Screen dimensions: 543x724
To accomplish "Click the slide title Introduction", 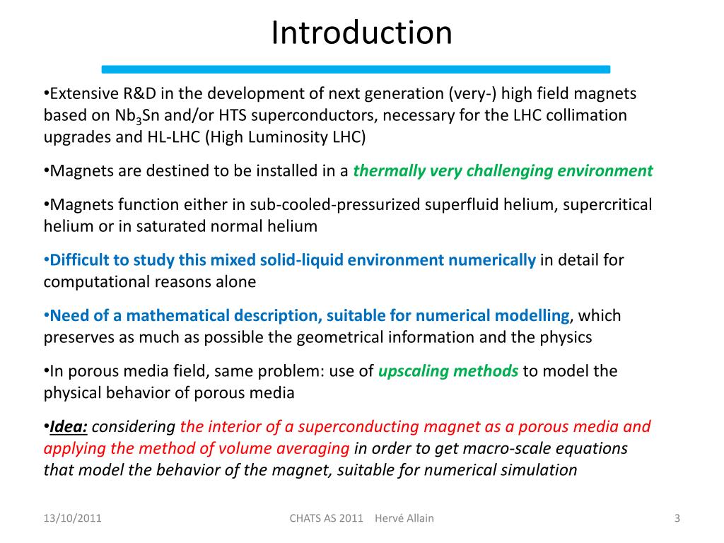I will [361, 33].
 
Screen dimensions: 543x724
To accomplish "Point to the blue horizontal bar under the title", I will [356, 69].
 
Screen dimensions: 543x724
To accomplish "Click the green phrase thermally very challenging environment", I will [503, 170].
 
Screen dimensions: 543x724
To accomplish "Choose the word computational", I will [90, 281].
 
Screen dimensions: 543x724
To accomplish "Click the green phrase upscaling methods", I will [448, 370].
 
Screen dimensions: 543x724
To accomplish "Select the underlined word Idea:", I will [69, 426].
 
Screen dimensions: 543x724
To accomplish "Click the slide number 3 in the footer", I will [677, 519].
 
